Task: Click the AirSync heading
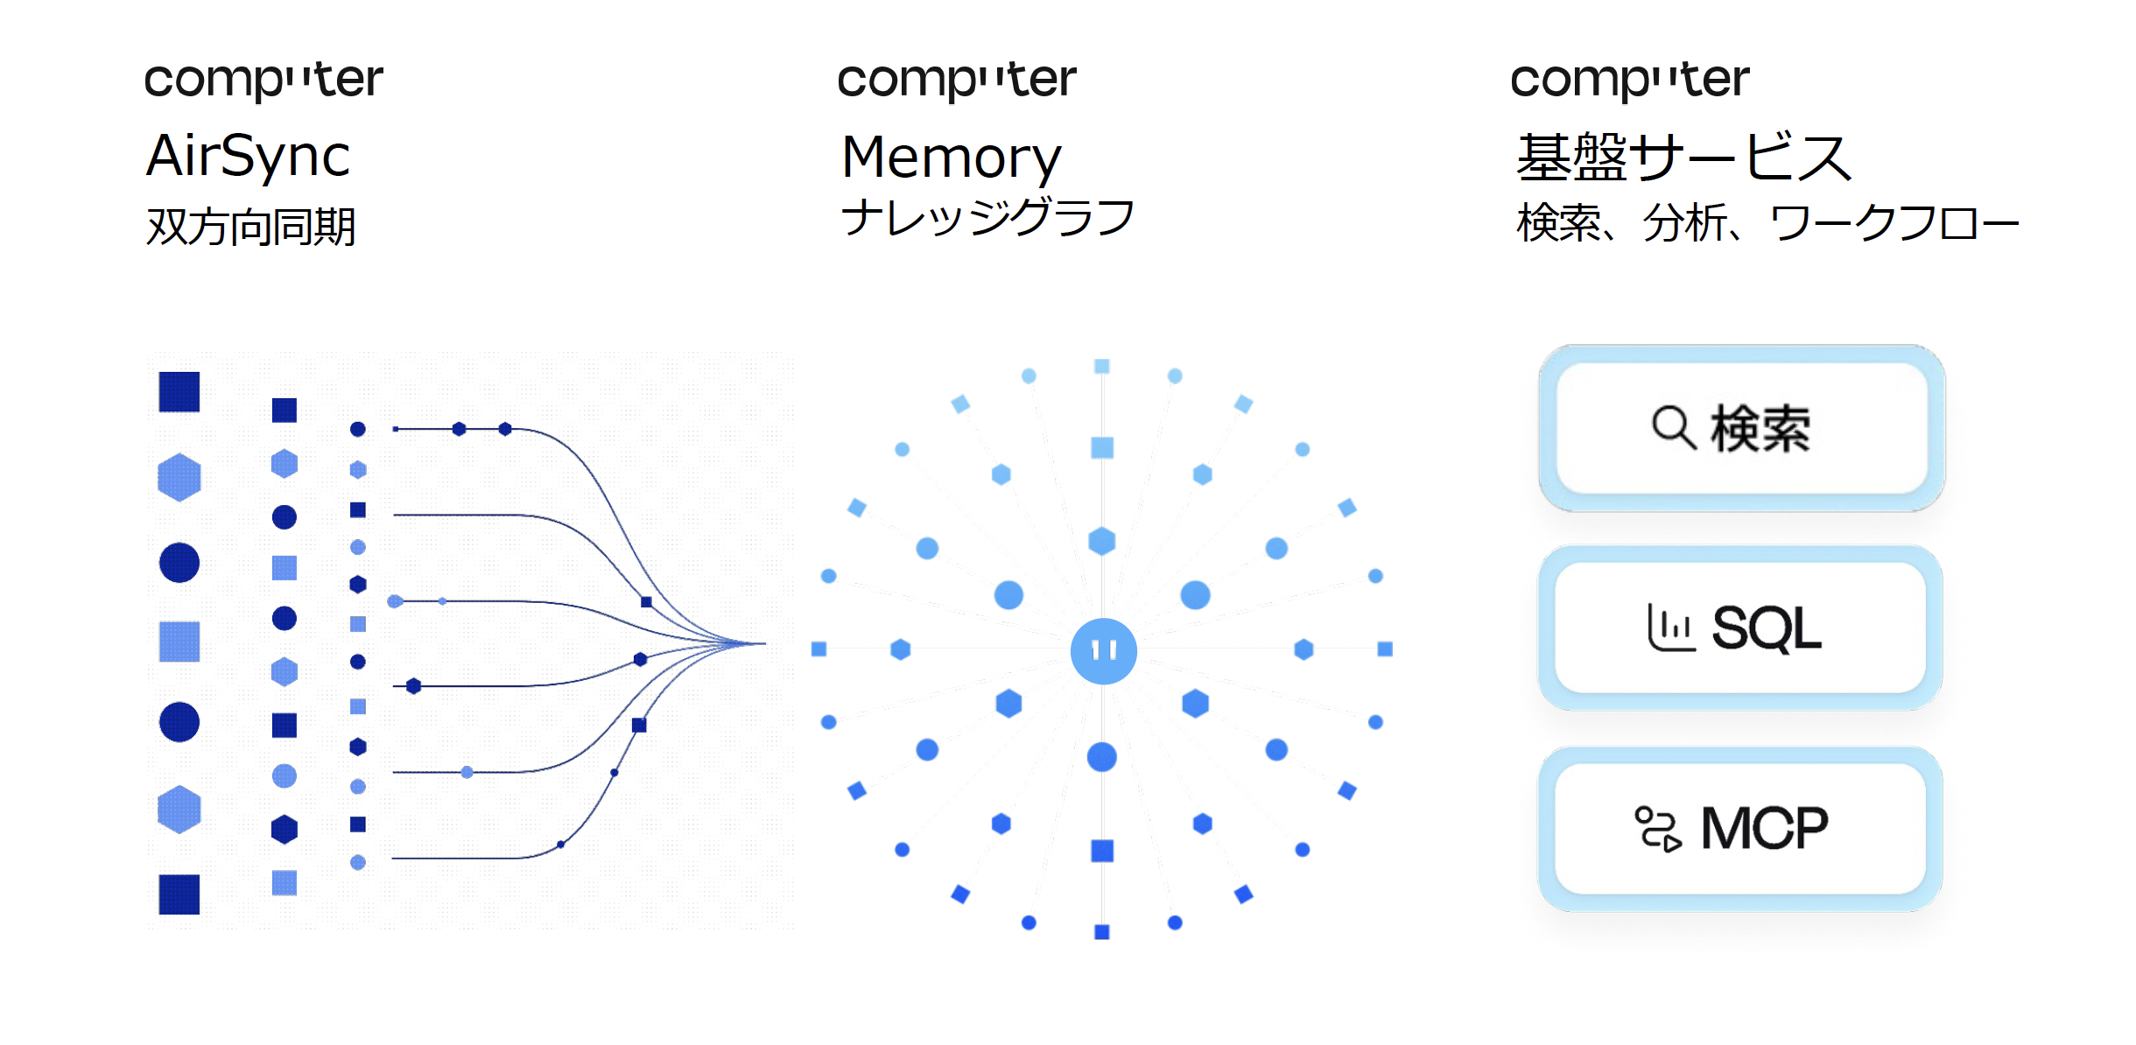(x=248, y=157)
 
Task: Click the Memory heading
(x=951, y=158)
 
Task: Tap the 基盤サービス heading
(x=1683, y=158)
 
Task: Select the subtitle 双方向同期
(x=251, y=227)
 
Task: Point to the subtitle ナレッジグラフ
(x=987, y=217)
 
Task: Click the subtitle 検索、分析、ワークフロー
(x=1767, y=223)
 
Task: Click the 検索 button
(x=1742, y=429)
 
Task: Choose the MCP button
(x=1740, y=828)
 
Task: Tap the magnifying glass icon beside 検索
(x=1673, y=427)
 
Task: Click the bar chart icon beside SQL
(x=1670, y=628)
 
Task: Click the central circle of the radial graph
(x=1103, y=650)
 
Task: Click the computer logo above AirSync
(x=263, y=80)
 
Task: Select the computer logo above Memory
(x=957, y=80)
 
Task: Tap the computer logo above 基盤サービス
(x=1630, y=80)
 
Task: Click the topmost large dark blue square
(x=179, y=391)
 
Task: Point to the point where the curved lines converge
(x=763, y=643)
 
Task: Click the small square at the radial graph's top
(x=1102, y=367)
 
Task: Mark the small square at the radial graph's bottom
(x=1102, y=932)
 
